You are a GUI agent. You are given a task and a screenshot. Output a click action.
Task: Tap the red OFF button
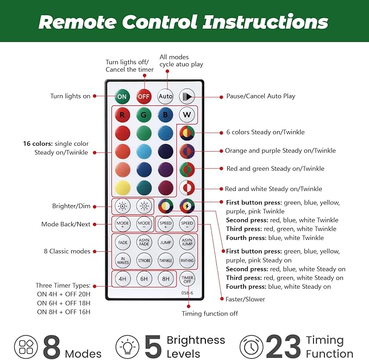(144, 96)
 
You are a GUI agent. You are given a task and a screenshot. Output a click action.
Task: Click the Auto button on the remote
(165, 96)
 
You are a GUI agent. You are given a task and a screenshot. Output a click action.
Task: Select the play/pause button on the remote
(187, 96)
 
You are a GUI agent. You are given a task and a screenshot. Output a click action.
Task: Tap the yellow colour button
(123, 188)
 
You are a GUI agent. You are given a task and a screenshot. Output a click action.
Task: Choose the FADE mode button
(123, 243)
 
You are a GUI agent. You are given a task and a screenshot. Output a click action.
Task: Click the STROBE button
(144, 260)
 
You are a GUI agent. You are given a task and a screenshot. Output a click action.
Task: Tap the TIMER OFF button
(187, 279)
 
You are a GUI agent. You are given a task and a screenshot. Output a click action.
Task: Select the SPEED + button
(165, 224)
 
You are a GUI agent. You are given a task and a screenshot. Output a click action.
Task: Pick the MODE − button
(144, 224)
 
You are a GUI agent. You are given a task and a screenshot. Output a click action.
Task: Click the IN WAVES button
(123, 260)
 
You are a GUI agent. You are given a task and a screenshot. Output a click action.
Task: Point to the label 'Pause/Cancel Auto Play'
(260, 96)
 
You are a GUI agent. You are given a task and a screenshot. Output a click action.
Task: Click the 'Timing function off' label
(210, 314)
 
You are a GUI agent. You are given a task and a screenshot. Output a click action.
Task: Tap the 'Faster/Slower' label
(245, 299)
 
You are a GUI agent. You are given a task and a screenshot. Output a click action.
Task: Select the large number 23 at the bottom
(284, 346)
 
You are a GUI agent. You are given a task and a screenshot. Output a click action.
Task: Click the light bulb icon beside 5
(127, 346)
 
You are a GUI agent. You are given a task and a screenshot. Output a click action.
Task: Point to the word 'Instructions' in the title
(266, 22)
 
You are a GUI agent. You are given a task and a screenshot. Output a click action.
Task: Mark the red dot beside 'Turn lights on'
(95, 96)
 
